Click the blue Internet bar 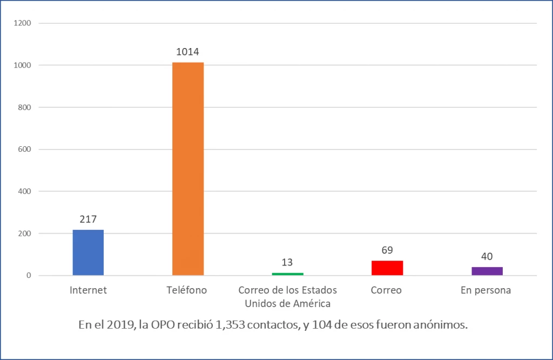click(x=88, y=253)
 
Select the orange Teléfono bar click(x=188, y=169)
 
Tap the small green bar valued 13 click(x=287, y=274)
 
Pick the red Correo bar click(x=387, y=268)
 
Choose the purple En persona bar click(x=487, y=271)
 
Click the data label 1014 click(x=188, y=52)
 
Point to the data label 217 click(x=88, y=220)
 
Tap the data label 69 click(x=387, y=250)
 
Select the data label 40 click(x=487, y=256)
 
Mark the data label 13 click(x=287, y=262)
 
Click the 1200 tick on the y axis click(x=24, y=23)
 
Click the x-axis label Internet click(x=88, y=290)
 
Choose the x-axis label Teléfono click(x=188, y=290)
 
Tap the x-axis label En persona click(x=486, y=290)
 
